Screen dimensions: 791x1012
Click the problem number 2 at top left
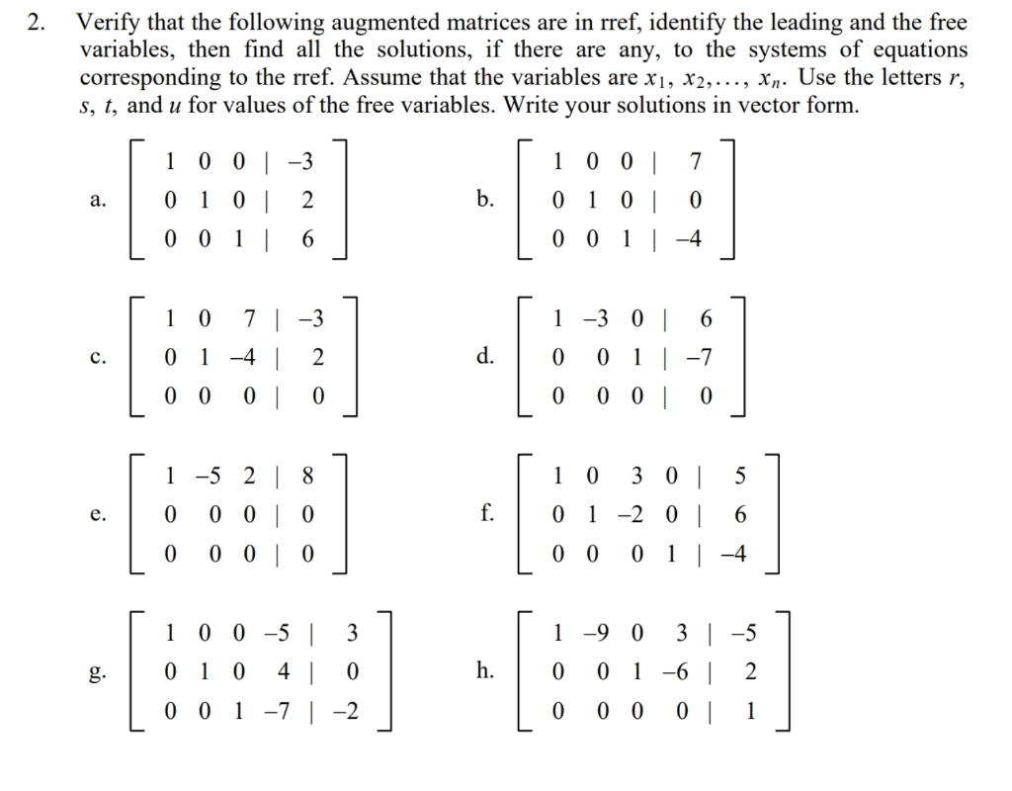36,22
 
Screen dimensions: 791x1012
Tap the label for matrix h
484,672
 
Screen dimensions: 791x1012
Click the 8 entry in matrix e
307,477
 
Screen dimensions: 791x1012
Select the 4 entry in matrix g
283,673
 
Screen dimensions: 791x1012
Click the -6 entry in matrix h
677,673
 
